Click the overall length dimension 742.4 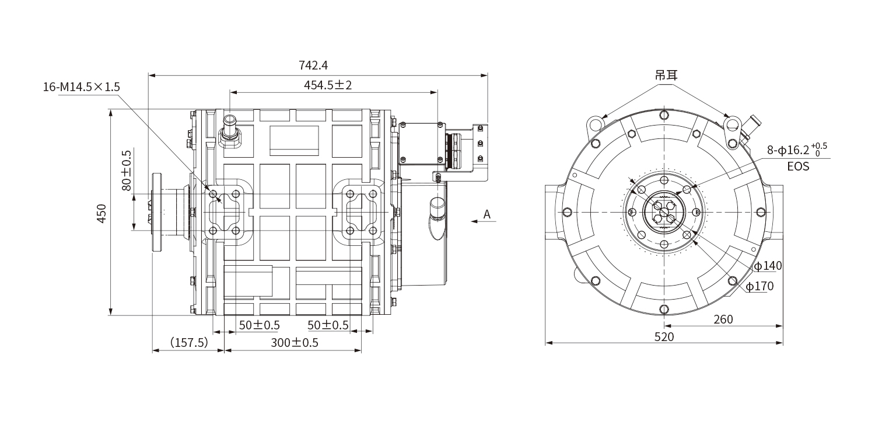tap(313, 65)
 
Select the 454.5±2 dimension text tap(328, 85)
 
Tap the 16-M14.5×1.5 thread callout tap(81, 87)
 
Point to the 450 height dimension tap(101, 213)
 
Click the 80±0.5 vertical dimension tap(127, 171)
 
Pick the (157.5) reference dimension tap(190, 343)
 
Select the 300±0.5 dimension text tap(295, 343)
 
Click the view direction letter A tap(487, 214)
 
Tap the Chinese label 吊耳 tap(666, 75)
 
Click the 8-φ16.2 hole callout tap(797, 150)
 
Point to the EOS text tap(798, 166)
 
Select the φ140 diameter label tap(768, 266)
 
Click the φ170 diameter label tap(759, 286)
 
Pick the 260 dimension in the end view tap(723, 319)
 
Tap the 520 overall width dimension tap(664, 337)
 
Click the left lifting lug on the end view tap(596, 124)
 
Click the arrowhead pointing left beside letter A tap(475, 221)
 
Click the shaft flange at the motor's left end tap(157, 212)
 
